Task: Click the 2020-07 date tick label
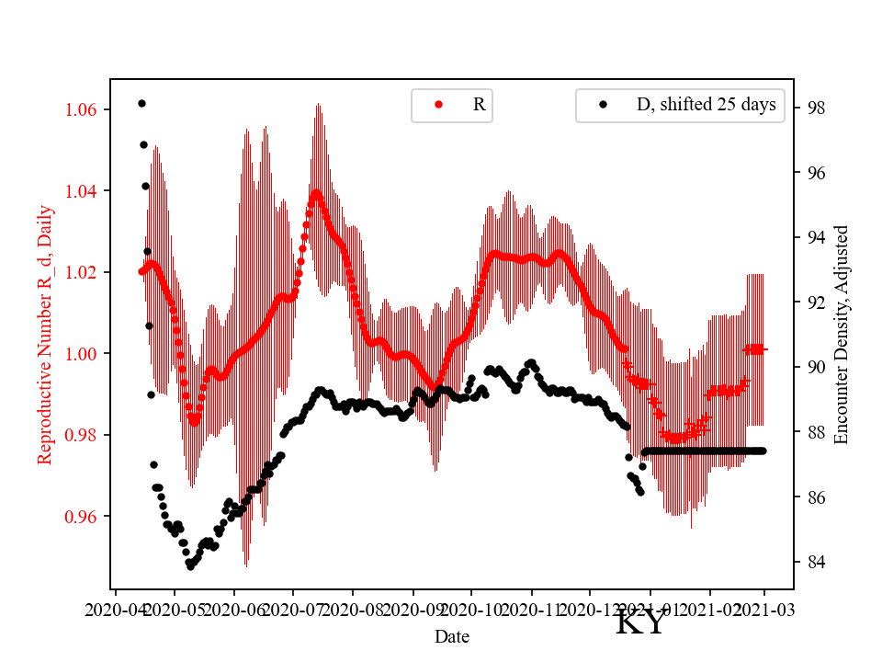[293, 609]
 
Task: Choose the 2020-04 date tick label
[115, 609]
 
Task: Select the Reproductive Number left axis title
[45, 335]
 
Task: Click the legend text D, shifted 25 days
[706, 105]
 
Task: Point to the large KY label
[639, 624]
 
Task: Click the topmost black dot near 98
[141, 103]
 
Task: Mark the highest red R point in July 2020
[316, 193]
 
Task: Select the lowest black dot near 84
[190, 566]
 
